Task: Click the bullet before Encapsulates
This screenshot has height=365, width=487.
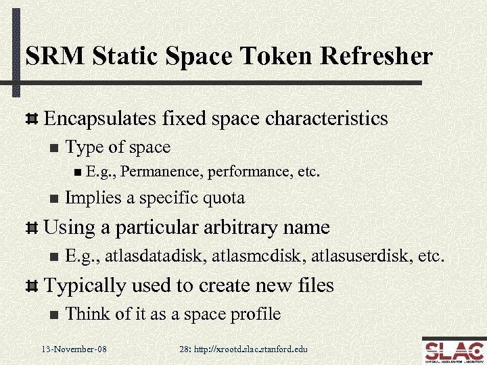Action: (30, 119)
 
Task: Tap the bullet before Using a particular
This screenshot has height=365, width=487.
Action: (30, 228)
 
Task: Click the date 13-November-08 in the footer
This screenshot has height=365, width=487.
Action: (74, 349)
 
